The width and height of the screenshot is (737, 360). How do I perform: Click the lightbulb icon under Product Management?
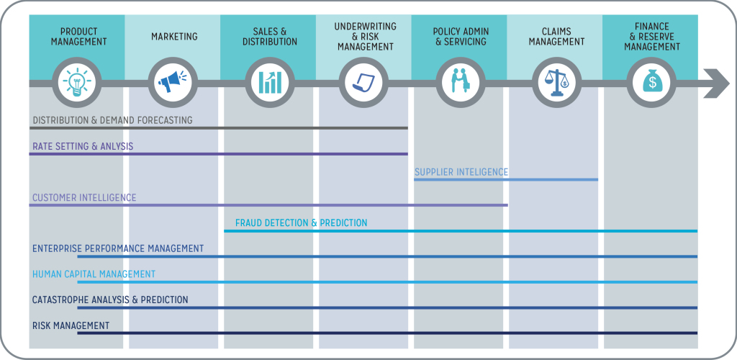pos(77,82)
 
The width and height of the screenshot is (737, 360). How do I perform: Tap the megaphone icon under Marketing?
pos(173,82)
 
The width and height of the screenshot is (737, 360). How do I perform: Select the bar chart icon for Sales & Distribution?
pos(268,82)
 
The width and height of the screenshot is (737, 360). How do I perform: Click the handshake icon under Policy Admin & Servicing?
pos(460,82)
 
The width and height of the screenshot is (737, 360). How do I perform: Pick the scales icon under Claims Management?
pos(556,82)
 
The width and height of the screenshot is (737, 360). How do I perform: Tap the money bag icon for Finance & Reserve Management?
pos(651,82)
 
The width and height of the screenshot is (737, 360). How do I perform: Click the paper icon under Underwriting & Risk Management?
pos(364,82)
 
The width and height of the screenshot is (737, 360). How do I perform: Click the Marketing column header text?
pos(174,37)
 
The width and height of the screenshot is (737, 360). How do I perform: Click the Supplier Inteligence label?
pos(461,172)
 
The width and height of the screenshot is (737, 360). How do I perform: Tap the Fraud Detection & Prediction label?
pos(301,223)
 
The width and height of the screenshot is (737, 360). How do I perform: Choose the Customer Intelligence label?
pos(84,198)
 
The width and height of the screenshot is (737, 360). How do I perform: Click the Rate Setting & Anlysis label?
pos(83,146)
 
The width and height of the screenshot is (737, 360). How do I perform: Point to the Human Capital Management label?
pos(94,274)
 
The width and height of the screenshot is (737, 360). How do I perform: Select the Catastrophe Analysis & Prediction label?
pos(110,300)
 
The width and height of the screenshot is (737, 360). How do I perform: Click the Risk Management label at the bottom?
pos(71,325)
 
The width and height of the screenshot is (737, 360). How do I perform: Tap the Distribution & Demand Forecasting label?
pos(112,120)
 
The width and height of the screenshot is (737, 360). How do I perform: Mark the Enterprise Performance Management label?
pos(118,248)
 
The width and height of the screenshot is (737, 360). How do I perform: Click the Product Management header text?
pos(78,37)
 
